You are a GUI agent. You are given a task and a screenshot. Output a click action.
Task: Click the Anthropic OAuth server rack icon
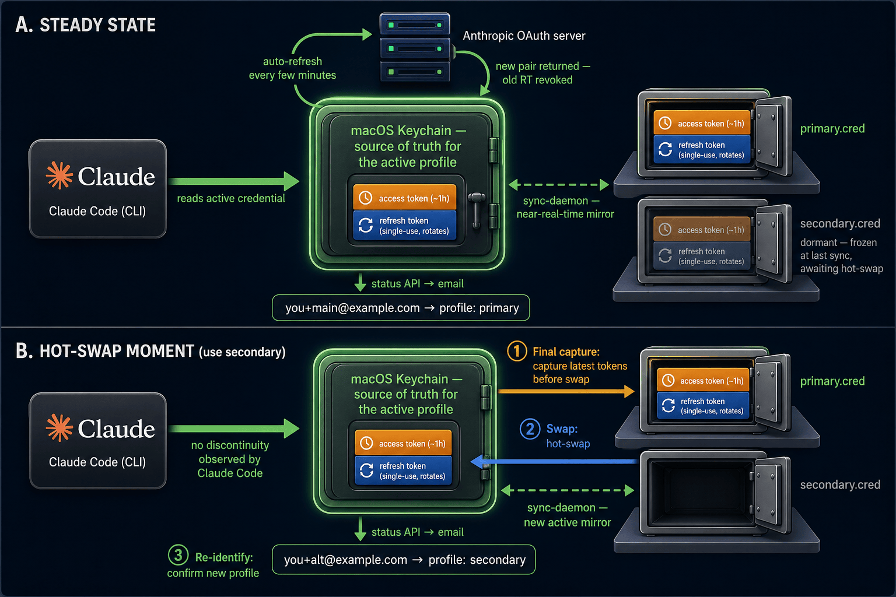pos(415,47)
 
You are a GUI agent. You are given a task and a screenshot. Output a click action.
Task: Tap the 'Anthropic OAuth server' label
pos(524,36)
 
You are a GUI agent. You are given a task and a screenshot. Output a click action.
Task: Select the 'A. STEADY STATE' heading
pos(86,25)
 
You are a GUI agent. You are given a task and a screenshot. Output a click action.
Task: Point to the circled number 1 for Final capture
pos(517,351)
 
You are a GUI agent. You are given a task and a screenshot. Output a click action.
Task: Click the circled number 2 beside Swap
pos(530,429)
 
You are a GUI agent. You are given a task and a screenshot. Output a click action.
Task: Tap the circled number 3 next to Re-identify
pos(178,555)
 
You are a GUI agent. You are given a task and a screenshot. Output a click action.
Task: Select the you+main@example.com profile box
pos(401,308)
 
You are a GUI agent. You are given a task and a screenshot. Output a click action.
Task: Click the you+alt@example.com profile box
pos(404,560)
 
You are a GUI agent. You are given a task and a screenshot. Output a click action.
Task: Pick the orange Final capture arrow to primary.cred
pos(566,391)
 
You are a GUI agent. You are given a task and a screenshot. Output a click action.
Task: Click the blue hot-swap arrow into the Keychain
pos(554,462)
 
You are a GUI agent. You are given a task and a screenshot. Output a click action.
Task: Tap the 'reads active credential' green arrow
pos(233,181)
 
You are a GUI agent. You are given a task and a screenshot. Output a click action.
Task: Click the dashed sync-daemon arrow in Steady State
pos(559,185)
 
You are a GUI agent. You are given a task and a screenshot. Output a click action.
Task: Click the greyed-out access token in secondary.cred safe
pos(702,230)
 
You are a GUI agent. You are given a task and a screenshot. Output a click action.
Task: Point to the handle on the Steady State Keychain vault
pos(477,209)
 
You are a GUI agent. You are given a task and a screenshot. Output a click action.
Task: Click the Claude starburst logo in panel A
pos(60,175)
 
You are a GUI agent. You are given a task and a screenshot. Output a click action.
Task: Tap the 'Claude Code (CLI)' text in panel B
pos(97,462)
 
